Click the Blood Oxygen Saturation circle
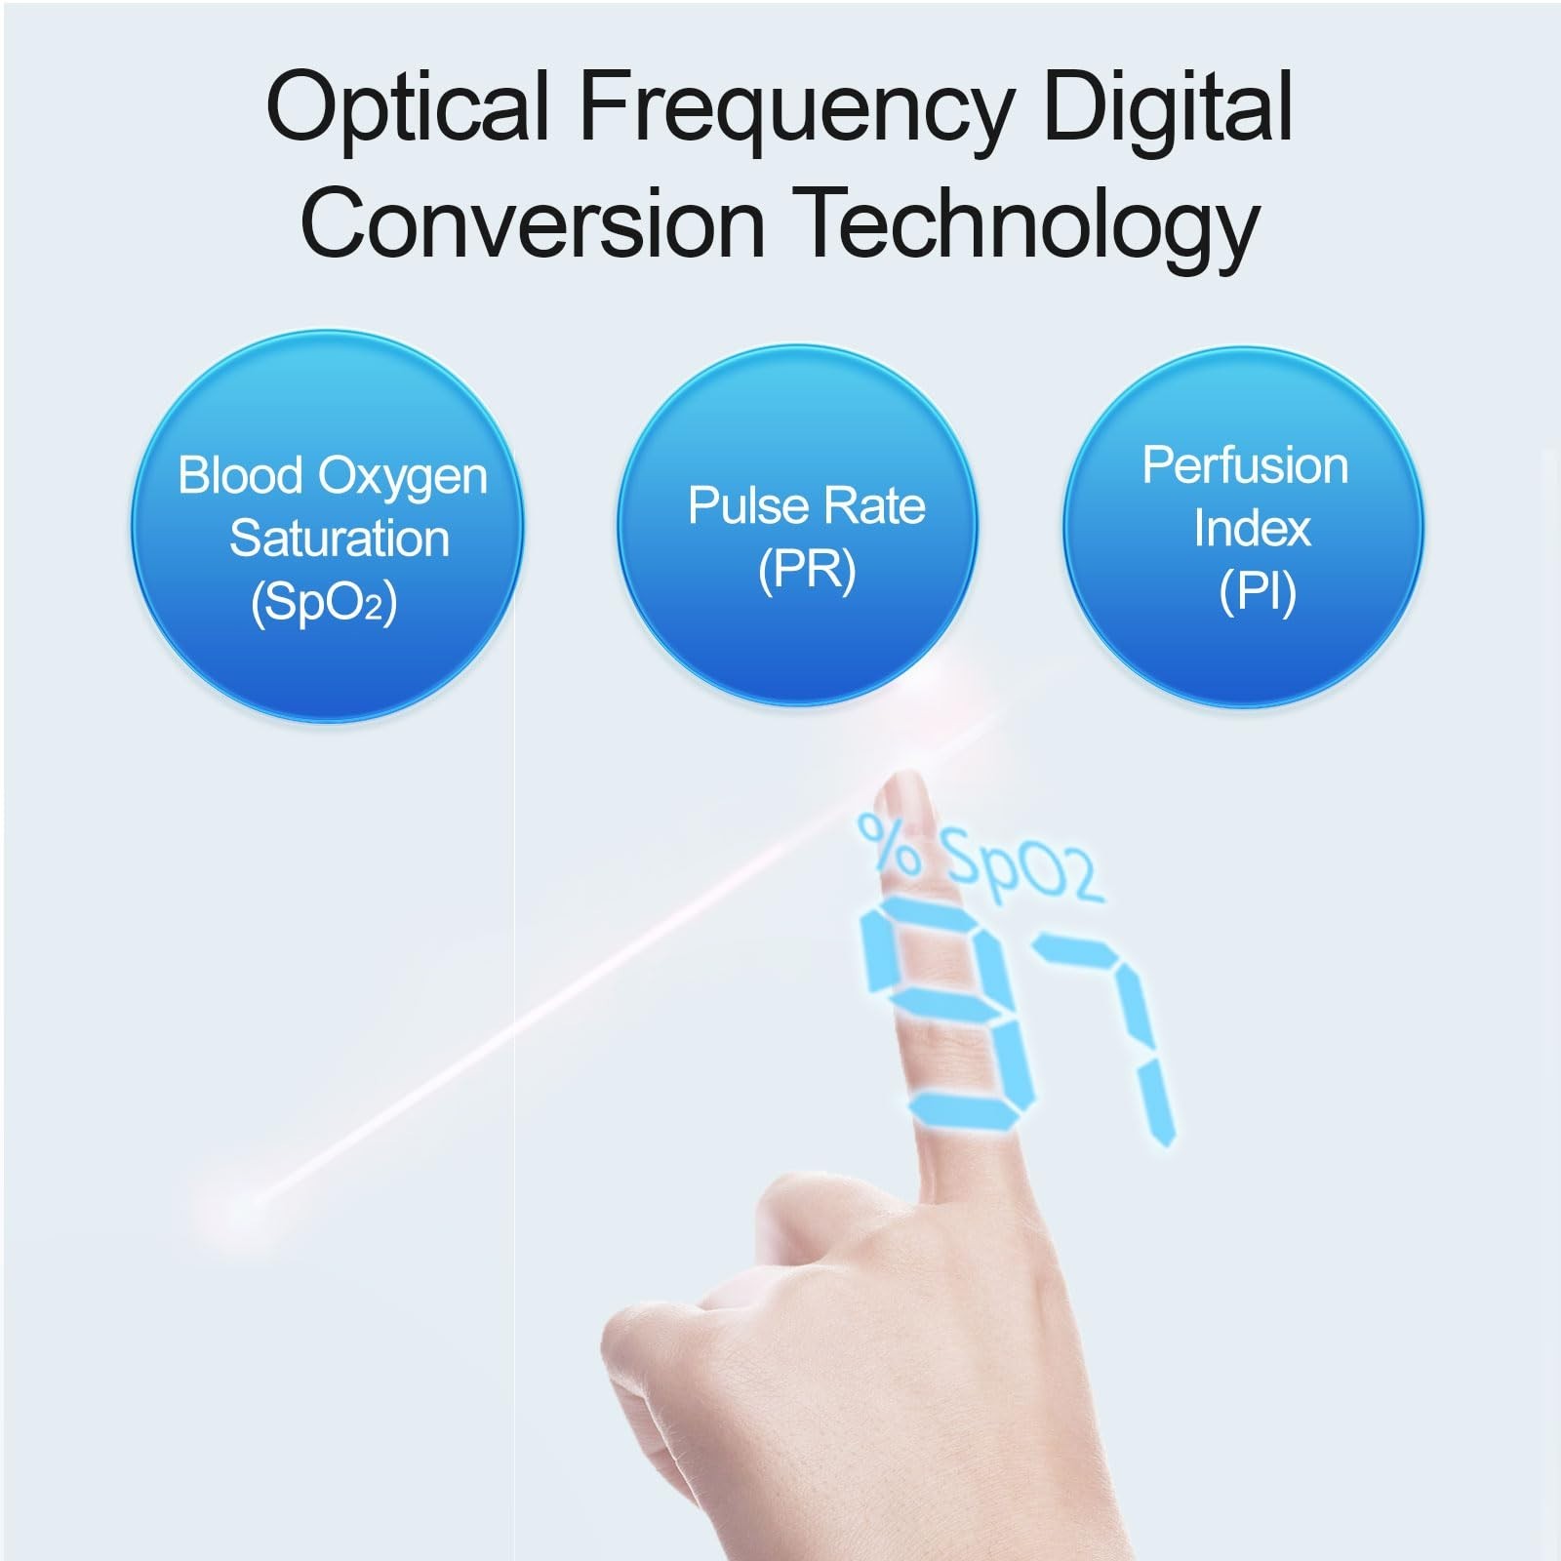point(328,527)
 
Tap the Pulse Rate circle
point(798,525)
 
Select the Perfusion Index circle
point(1243,527)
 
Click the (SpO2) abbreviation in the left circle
point(324,604)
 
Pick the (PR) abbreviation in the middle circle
point(807,570)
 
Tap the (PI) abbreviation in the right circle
point(1258,591)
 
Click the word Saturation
point(340,539)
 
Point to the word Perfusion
point(1246,466)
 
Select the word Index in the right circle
point(1252,528)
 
